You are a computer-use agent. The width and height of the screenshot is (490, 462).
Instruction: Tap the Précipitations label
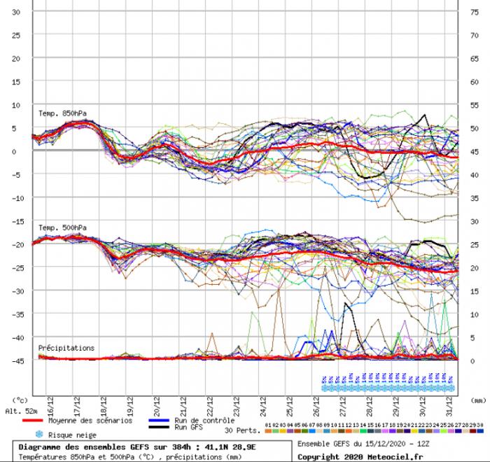click(x=66, y=347)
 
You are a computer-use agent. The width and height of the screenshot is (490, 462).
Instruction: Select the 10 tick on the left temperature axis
click(x=18, y=105)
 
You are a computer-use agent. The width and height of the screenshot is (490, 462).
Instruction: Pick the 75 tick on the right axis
click(x=474, y=12)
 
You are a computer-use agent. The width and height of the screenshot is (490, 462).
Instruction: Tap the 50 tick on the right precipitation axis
click(x=474, y=129)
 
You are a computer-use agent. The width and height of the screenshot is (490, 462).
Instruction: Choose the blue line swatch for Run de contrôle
click(x=162, y=420)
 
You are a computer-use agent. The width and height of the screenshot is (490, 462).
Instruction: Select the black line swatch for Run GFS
click(x=162, y=426)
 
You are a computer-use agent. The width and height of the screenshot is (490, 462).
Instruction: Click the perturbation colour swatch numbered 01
click(x=268, y=425)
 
